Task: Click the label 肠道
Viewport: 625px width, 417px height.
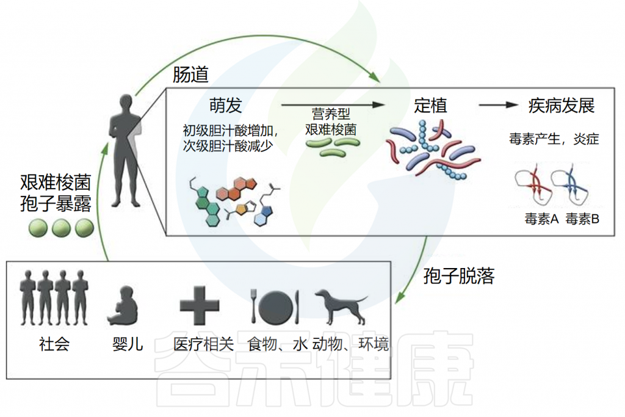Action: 190,74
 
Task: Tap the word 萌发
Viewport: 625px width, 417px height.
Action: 226,106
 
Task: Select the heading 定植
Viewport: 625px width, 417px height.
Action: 430,106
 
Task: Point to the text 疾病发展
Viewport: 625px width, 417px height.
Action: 562,106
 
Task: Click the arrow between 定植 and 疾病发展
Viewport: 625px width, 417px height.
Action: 498,105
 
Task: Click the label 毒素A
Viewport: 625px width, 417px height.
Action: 541,219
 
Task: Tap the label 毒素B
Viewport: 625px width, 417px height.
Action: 582,219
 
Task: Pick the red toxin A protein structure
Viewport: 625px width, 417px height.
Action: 533,184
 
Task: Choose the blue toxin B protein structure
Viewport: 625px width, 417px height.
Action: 571,184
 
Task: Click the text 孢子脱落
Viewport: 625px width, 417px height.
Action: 459,276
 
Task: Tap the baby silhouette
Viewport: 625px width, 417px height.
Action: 123,305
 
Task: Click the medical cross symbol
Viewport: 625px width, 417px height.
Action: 200,305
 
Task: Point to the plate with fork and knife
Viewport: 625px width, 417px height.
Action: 275,306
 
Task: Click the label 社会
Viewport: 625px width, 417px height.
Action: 54,344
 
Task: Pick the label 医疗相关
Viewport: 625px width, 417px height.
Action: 204,344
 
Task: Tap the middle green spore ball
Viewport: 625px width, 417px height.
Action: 61,228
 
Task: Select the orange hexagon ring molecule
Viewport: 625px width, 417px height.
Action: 236,189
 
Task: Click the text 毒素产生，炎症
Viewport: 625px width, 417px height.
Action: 554,139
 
